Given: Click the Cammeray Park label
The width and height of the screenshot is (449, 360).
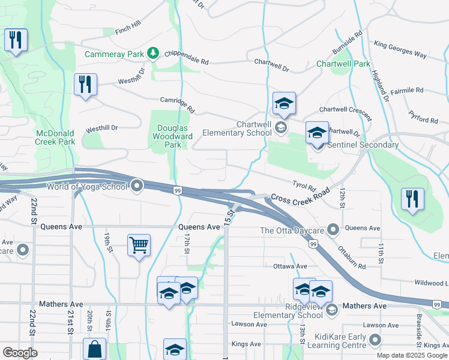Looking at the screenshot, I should (114, 54).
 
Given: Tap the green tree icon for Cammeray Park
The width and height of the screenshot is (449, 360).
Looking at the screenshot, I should (154, 54).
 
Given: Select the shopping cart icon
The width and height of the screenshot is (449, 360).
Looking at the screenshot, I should (139, 244).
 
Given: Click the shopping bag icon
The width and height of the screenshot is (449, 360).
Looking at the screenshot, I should (94, 349).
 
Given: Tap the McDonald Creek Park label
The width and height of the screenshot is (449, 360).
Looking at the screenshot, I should (55, 137).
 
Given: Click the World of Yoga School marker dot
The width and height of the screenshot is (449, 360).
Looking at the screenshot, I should (137, 186).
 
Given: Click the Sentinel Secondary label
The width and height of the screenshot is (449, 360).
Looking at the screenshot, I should (363, 145).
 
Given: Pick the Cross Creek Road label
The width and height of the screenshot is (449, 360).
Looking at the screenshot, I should (300, 197).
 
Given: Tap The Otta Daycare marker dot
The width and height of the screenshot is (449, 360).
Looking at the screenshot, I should (334, 230).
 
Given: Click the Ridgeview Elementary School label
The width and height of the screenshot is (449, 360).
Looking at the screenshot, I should (288, 311).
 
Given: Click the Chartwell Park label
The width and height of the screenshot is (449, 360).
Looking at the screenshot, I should (343, 64).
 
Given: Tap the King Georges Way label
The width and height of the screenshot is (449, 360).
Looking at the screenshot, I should (400, 49).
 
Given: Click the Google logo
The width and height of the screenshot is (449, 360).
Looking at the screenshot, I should (20, 353).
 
